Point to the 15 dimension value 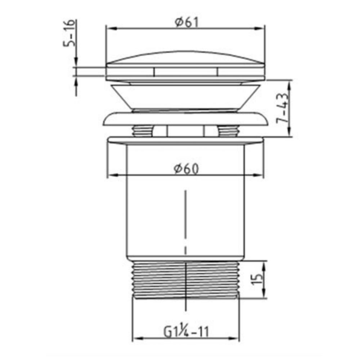(257, 280)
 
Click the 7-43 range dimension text (283, 108)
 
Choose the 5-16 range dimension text (70, 33)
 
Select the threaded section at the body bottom (186, 279)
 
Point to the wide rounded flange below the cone (186, 119)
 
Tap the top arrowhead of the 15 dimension (265, 265)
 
